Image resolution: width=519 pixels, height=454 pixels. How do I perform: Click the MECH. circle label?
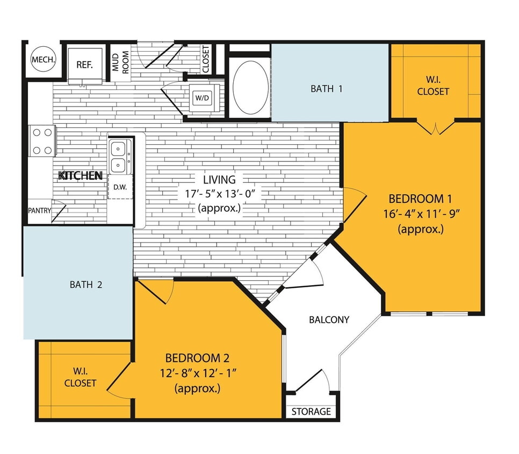44,60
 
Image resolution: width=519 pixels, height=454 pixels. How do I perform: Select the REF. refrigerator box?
84,65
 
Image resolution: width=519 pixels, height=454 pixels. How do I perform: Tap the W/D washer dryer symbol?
202,98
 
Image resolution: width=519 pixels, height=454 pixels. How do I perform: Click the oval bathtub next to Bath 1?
251,87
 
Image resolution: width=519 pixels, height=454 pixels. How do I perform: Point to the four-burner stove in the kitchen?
42,141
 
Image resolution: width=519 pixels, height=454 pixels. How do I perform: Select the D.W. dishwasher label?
119,188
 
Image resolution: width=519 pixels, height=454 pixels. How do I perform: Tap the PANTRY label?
39,210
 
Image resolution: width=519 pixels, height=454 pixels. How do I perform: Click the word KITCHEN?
81,175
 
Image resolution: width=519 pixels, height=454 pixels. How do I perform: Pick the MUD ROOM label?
120,61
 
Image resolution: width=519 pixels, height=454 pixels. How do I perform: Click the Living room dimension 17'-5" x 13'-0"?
219,193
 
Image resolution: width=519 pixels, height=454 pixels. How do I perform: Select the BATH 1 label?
326,89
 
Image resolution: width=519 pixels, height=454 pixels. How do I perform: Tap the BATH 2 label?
86,285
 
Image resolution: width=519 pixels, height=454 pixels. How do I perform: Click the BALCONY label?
329,320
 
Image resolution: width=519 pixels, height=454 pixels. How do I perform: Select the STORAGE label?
311,412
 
